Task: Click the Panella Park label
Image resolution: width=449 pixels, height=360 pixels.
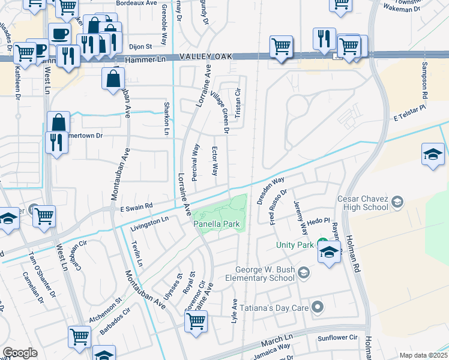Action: [217, 224]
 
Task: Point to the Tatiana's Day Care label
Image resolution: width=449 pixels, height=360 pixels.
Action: [274, 308]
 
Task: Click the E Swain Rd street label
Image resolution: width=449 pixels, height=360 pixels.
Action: [136, 206]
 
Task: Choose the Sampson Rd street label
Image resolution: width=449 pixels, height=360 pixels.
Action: [424, 80]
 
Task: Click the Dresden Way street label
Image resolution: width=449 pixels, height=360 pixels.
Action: [270, 190]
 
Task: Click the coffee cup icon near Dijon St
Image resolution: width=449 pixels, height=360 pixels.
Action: [59, 34]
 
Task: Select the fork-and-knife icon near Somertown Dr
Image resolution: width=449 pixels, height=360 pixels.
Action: [55, 142]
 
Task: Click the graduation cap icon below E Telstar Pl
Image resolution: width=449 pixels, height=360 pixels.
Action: [433, 154]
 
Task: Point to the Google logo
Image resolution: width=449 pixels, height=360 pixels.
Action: [20, 353]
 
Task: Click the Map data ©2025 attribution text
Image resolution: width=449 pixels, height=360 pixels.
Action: [423, 355]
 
